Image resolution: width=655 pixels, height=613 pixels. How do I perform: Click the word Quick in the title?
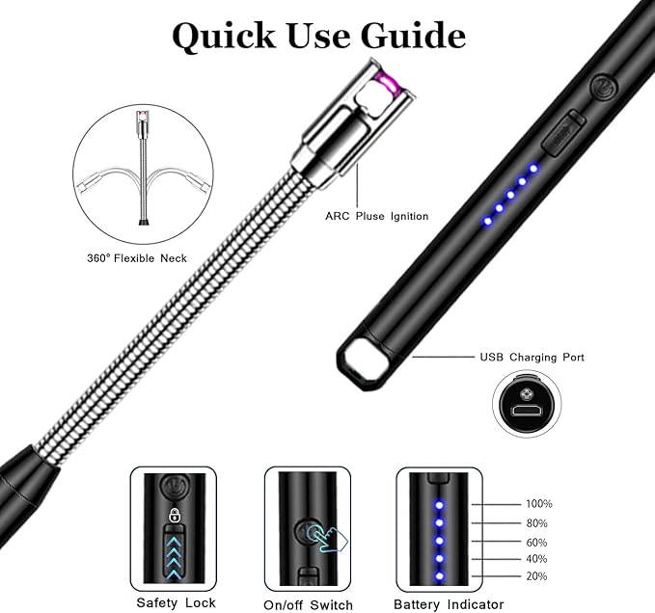[224, 37]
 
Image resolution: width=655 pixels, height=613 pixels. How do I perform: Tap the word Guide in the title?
[413, 36]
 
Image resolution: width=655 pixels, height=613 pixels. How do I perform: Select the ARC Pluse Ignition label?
[377, 216]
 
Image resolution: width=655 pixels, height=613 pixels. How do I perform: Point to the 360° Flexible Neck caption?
[137, 258]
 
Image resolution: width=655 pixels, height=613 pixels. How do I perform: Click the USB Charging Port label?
[532, 358]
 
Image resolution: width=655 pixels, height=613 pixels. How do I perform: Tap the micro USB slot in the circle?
[527, 411]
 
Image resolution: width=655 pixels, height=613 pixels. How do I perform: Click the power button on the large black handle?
[604, 88]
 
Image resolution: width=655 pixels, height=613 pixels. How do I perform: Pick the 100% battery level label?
[539, 504]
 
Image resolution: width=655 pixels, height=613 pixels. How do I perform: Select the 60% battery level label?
[536, 543]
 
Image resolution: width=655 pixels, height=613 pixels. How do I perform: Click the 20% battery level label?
[536, 576]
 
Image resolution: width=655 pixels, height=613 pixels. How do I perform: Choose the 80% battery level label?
[536, 523]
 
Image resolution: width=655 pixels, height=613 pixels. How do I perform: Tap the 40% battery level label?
[536, 559]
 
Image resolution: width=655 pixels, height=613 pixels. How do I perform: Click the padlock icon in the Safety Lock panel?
[175, 515]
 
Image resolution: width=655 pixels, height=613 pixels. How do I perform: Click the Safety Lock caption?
[176, 603]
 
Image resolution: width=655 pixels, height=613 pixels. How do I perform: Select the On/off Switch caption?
[309, 605]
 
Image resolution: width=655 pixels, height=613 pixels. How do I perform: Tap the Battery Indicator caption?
[449, 604]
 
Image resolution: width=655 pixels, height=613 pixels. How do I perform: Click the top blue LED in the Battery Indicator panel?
[439, 505]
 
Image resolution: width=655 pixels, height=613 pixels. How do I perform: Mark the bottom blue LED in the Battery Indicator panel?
[439, 576]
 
